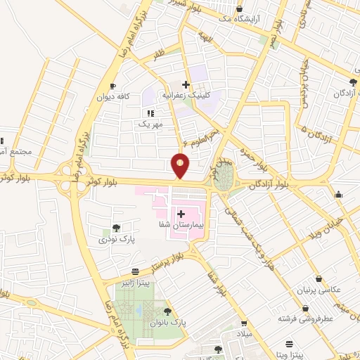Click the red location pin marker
181,165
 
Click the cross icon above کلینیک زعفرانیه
186,84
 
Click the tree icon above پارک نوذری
115,228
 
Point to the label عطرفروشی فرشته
304,319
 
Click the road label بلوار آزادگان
269,186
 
